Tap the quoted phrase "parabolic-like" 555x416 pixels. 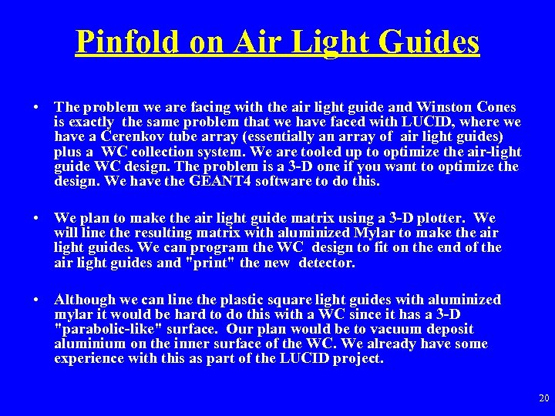pyautogui.click(x=104, y=329)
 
